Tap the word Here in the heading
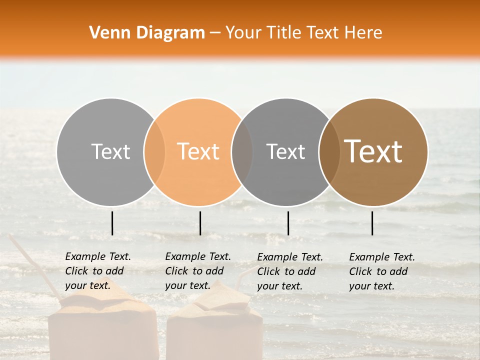coord(364,33)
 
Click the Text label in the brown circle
coord(373,151)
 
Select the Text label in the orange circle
coord(198,151)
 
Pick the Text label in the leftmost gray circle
coord(110,151)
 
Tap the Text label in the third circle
coord(285,151)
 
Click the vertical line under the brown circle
coord(372,223)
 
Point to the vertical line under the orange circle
coord(200,223)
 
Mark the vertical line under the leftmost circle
coord(112,223)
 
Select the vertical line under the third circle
coord(288,223)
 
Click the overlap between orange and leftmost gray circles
coord(154,151)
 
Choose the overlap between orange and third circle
coord(242,151)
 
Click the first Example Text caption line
coord(98,256)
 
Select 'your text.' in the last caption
coord(371,286)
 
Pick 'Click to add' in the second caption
coord(194,271)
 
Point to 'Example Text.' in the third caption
coord(290,257)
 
